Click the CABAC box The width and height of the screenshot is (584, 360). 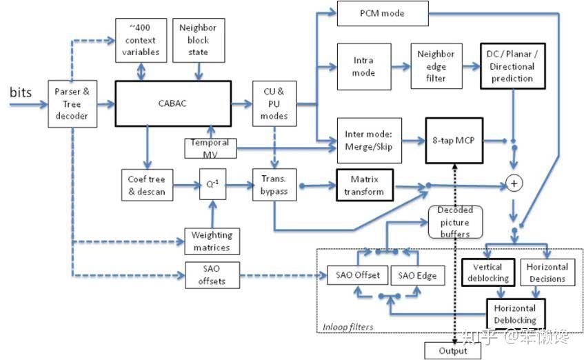click(x=173, y=103)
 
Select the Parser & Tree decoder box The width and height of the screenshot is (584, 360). click(x=72, y=104)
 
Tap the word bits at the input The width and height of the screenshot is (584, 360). click(x=21, y=92)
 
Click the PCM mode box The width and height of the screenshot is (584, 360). click(x=383, y=13)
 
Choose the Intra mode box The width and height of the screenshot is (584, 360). click(x=364, y=67)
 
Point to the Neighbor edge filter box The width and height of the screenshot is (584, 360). click(x=436, y=66)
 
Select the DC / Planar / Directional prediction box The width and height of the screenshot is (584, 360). click(x=512, y=66)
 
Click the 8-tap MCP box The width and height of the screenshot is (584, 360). click(x=454, y=141)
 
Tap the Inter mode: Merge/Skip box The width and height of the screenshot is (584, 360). click(x=369, y=141)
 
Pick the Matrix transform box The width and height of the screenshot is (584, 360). click(x=365, y=186)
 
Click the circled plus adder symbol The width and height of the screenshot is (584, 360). click(x=514, y=183)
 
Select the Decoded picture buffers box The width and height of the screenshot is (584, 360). click(x=455, y=222)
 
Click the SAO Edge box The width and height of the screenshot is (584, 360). click(x=416, y=275)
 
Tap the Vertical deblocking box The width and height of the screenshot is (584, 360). click(x=488, y=272)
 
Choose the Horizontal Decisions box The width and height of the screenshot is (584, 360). click(x=547, y=272)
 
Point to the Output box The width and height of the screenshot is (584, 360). click(x=452, y=350)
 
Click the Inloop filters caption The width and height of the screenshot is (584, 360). click(x=348, y=327)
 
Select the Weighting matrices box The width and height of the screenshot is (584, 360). click(x=212, y=241)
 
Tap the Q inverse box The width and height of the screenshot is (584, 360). click(x=212, y=184)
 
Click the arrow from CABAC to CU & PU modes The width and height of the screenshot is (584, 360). click(x=242, y=103)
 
